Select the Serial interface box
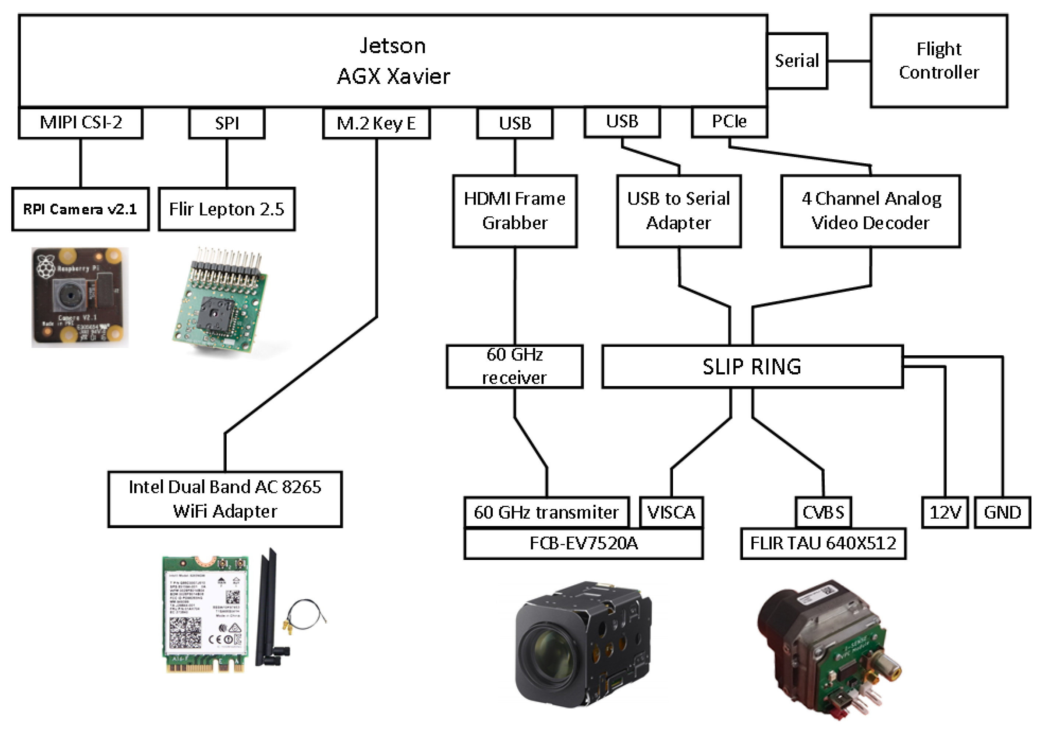pyautogui.click(x=796, y=61)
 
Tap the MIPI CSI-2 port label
pyautogui.click(x=81, y=123)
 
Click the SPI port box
pyautogui.click(x=227, y=123)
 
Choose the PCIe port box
pyautogui.click(x=729, y=121)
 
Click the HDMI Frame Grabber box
pyautogui.click(x=514, y=211)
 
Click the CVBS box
pyautogui.click(x=823, y=512)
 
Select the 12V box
pyautogui.click(x=945, y=512)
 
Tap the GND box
pyautogui.click(x=1002, y=512)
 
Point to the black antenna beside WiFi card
pyautogui.click(x=268, y=607)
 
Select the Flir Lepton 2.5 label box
pyautogui.click(x=226, y=209)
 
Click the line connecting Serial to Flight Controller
pyautogui.click(x=848, y=61)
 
